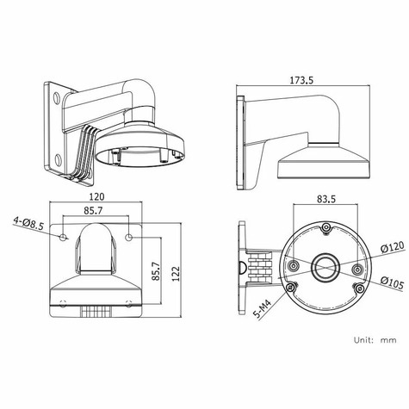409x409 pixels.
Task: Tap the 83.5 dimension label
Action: click(325, 199)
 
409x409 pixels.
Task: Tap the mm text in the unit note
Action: click(388, 339)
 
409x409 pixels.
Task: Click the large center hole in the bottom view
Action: click(325, 266)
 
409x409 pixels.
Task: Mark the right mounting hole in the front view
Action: click(129, 235)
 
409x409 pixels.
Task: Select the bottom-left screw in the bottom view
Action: click(291, 287)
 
